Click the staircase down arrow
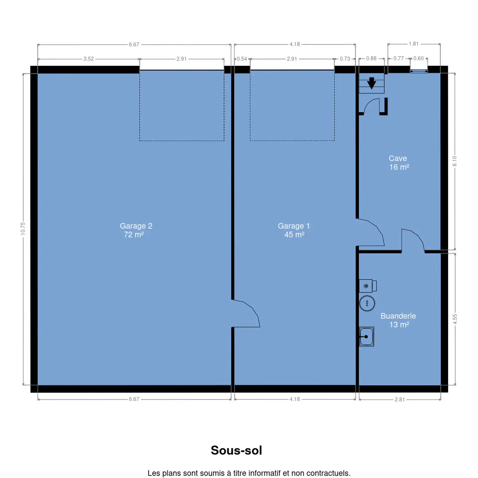click(371, 83)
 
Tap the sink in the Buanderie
click(366, 336)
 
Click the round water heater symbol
click(367, 303)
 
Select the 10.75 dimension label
click(23, 228)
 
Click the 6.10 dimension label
click(454, 161)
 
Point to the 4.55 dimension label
click(455, 319)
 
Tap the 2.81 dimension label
click(400, 399)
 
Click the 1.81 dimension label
click(414, 44)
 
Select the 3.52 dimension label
click(89, 59)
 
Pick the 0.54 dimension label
click(242, 59)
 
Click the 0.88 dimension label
click(371, 58)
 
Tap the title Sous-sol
click(236, 450)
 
